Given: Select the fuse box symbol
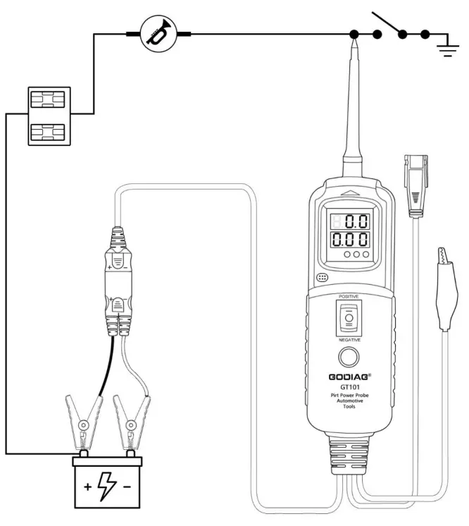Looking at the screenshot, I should point(49,116).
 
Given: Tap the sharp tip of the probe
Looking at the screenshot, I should point(356,44).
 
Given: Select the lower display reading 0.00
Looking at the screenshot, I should point(351,239).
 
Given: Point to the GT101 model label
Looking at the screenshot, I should point(348,388).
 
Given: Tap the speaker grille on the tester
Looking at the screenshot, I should point(322,278).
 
